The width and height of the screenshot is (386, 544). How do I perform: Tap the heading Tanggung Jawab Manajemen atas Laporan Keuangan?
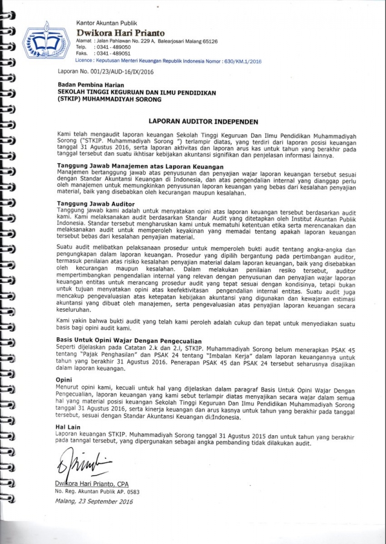(x=140, y=166)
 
